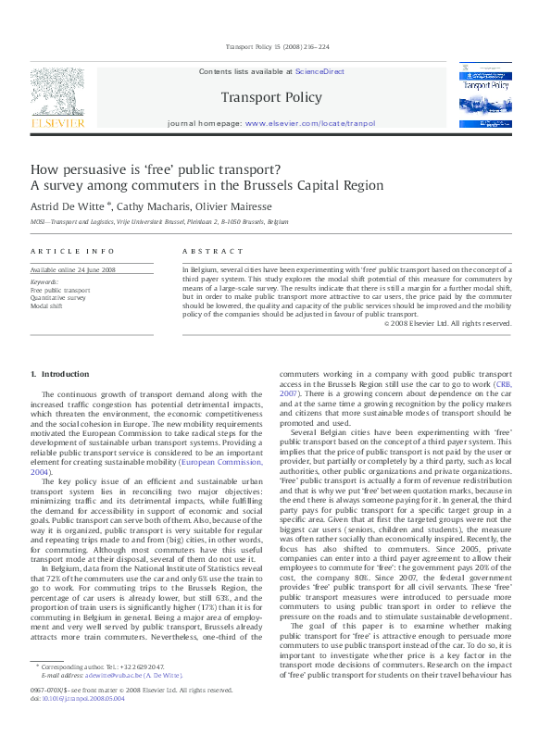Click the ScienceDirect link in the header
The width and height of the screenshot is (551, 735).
[x=319, y=70]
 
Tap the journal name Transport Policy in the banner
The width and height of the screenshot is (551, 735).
[x=271, y=97]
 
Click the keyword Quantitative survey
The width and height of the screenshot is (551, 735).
[x=58, y=297]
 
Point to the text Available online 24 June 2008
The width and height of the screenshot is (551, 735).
[x=73, y=269]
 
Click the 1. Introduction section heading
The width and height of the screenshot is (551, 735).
[x=60, y=373]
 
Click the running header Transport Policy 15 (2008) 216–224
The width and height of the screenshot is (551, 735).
[x=275, y=47]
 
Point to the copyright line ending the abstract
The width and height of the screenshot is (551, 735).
[x=447, y=323]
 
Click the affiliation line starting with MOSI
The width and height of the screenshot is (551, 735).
[x=159, y=223]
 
